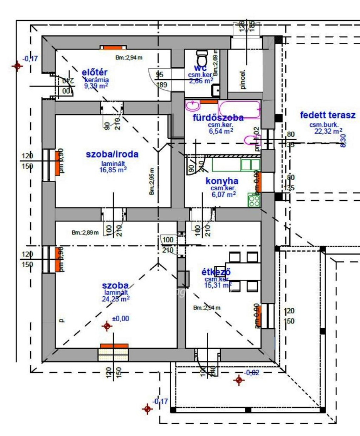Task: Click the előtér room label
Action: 95,73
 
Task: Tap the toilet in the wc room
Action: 202,57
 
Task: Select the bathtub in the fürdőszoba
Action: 239,109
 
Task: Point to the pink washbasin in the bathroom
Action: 193,105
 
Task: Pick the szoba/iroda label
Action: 112,154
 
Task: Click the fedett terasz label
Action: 327,115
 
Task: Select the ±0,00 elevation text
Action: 121,319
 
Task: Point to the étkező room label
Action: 216,272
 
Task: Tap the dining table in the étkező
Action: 243,271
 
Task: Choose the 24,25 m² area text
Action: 116,299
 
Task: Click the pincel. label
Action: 243,80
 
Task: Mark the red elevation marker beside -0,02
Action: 239,380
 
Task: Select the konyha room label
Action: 222,181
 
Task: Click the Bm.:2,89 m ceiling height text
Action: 85,233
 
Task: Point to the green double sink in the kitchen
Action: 250,164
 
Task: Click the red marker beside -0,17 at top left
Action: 17,66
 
